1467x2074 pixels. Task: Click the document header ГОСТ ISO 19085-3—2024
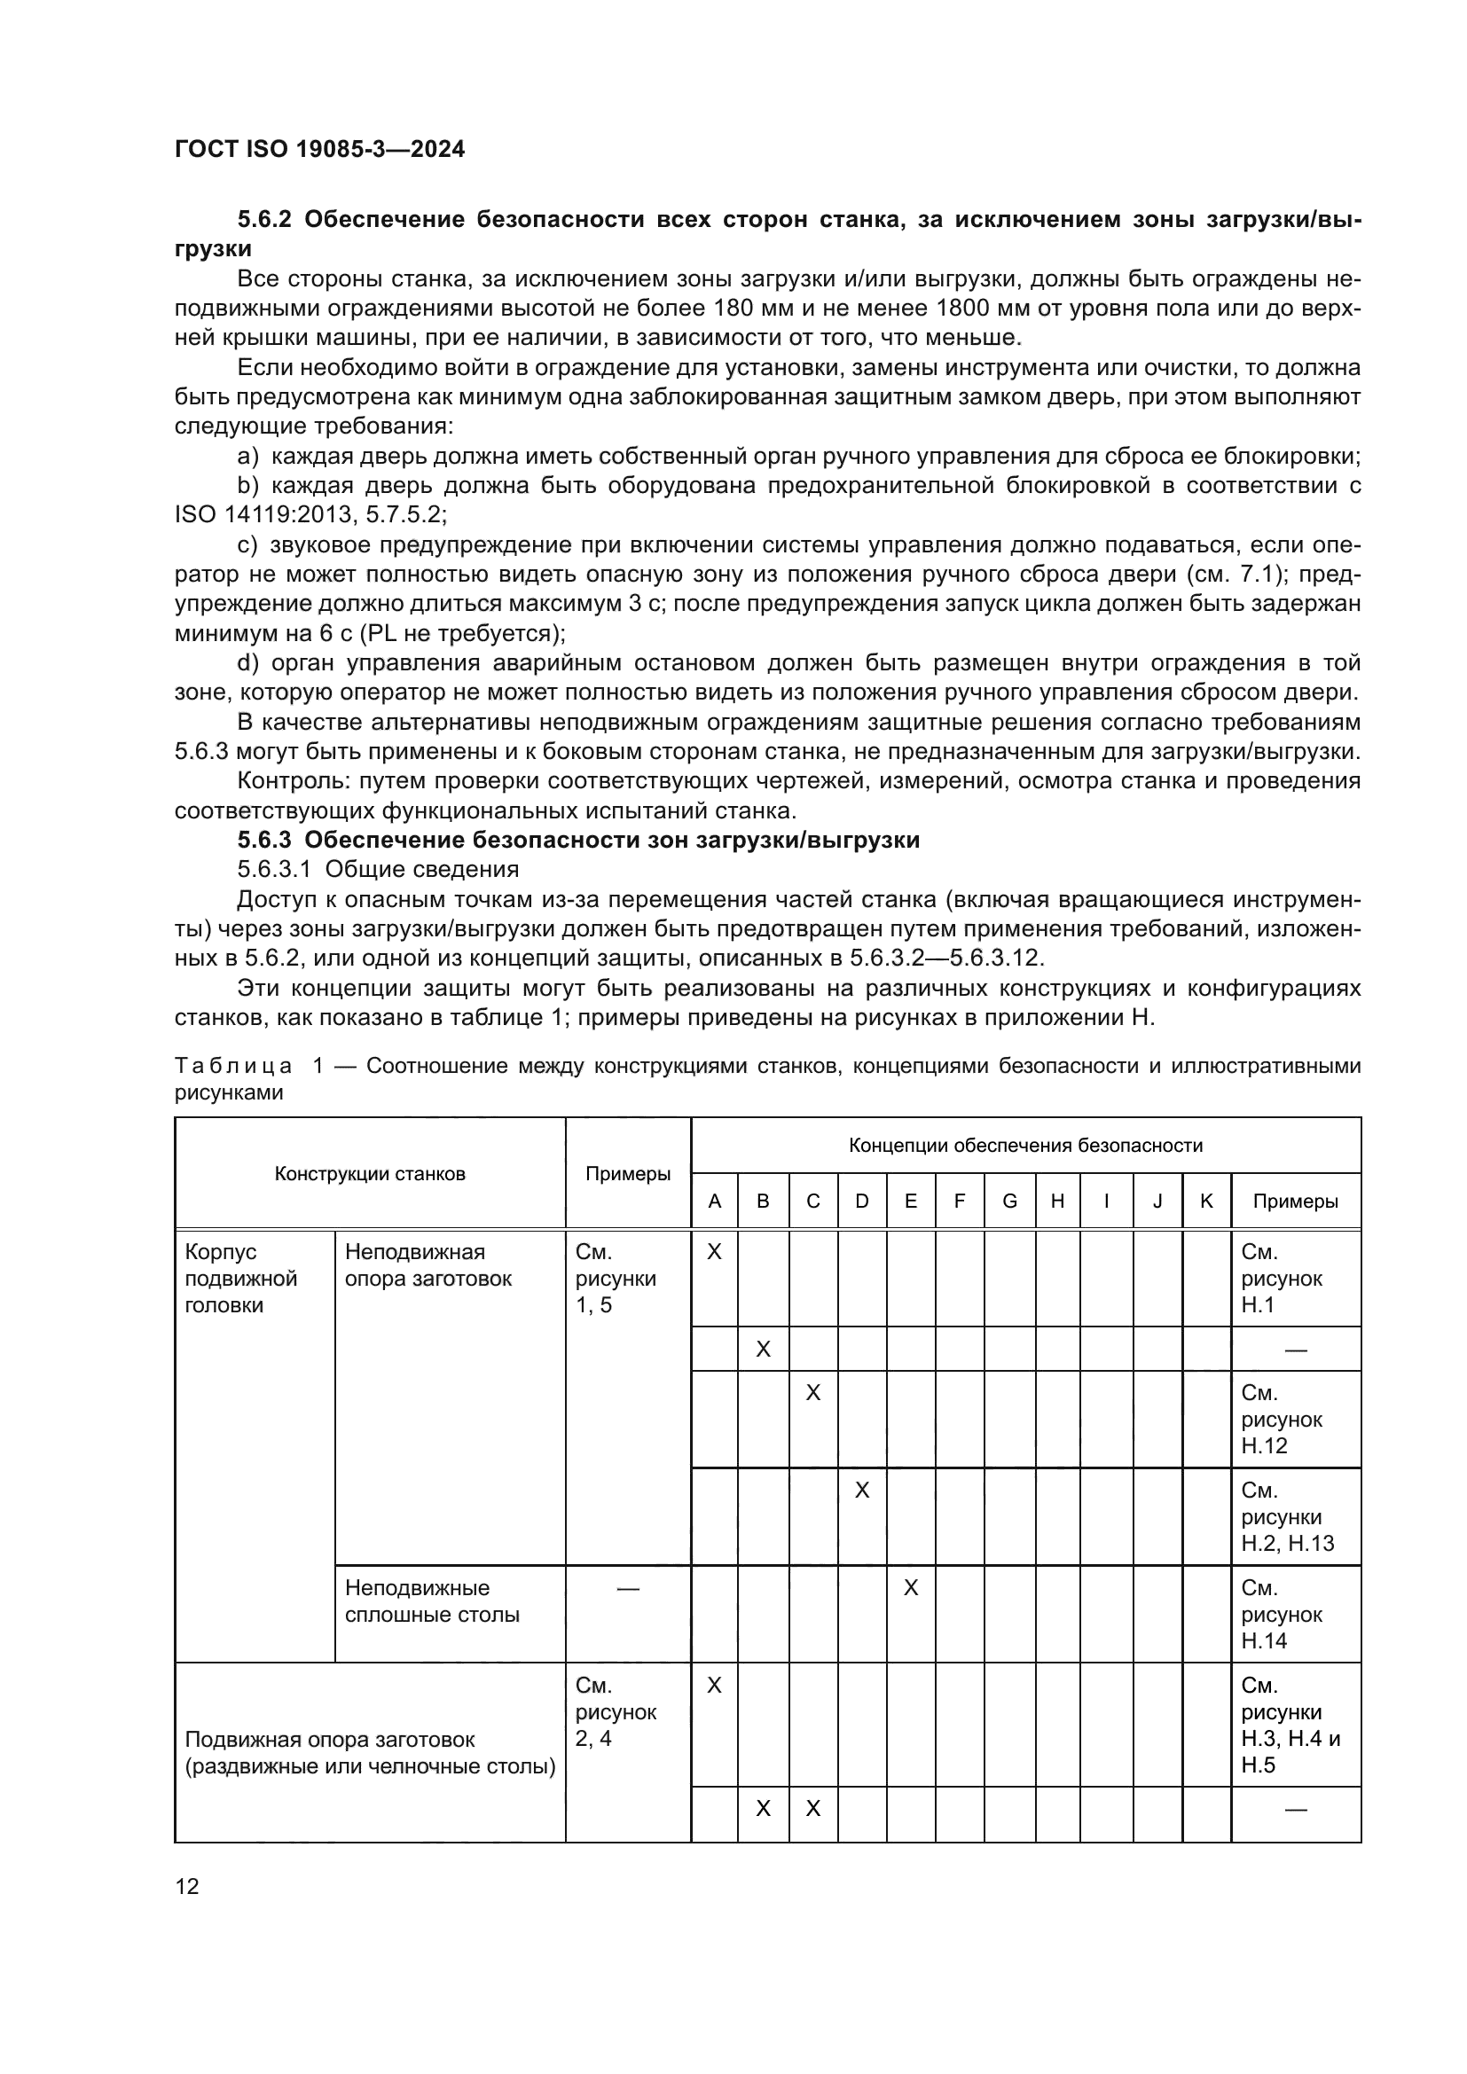(x=320, y=149)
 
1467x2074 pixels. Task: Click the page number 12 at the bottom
(x=187, y=1886)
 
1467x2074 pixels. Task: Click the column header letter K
(x=1206, y=1201)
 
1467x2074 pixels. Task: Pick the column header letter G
(x=1009, y=1201)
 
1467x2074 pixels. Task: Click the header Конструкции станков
(x=370, y=1174)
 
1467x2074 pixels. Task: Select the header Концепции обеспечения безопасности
(x=1025, y=1146)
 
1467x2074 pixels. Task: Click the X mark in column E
(x=911, y=1588)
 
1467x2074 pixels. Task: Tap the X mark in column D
(x=862, y=1491)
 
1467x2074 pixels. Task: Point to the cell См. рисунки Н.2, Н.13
(x=1286, y=1516)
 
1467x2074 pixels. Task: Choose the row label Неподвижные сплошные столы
(x=432, y=1601)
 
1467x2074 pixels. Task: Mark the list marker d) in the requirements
(x=247, y=663)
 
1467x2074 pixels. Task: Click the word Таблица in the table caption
(x=233, y=1066)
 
